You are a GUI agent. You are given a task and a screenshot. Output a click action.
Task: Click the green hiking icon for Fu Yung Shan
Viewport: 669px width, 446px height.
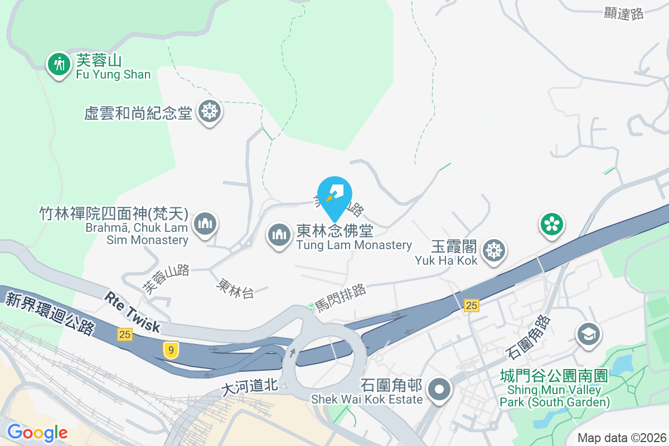58,64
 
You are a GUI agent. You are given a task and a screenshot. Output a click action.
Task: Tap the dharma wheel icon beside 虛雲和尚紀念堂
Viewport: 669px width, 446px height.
210,111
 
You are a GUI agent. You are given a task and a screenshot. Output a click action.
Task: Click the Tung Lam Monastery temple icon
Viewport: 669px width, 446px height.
278,235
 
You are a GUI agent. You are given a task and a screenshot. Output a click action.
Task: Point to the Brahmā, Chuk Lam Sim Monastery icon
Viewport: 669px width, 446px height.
205,225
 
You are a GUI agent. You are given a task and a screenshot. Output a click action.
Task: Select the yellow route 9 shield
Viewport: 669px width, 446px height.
171,350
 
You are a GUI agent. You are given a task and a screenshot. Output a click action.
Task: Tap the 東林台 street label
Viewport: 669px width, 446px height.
236,288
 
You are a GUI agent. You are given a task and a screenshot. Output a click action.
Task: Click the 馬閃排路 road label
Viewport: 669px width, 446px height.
341,296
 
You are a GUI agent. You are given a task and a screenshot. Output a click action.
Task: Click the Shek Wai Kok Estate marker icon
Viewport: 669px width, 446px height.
440,389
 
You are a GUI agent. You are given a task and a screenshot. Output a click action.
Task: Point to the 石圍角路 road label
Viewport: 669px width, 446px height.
529,336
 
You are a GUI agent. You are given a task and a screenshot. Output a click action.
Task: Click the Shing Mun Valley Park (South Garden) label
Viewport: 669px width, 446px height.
554,389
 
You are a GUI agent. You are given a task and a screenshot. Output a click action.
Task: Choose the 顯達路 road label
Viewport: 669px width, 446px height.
624,14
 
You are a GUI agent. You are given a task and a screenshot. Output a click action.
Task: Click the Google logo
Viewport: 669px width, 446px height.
37,432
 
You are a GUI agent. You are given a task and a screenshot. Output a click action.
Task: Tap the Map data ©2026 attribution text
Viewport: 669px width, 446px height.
622,438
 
